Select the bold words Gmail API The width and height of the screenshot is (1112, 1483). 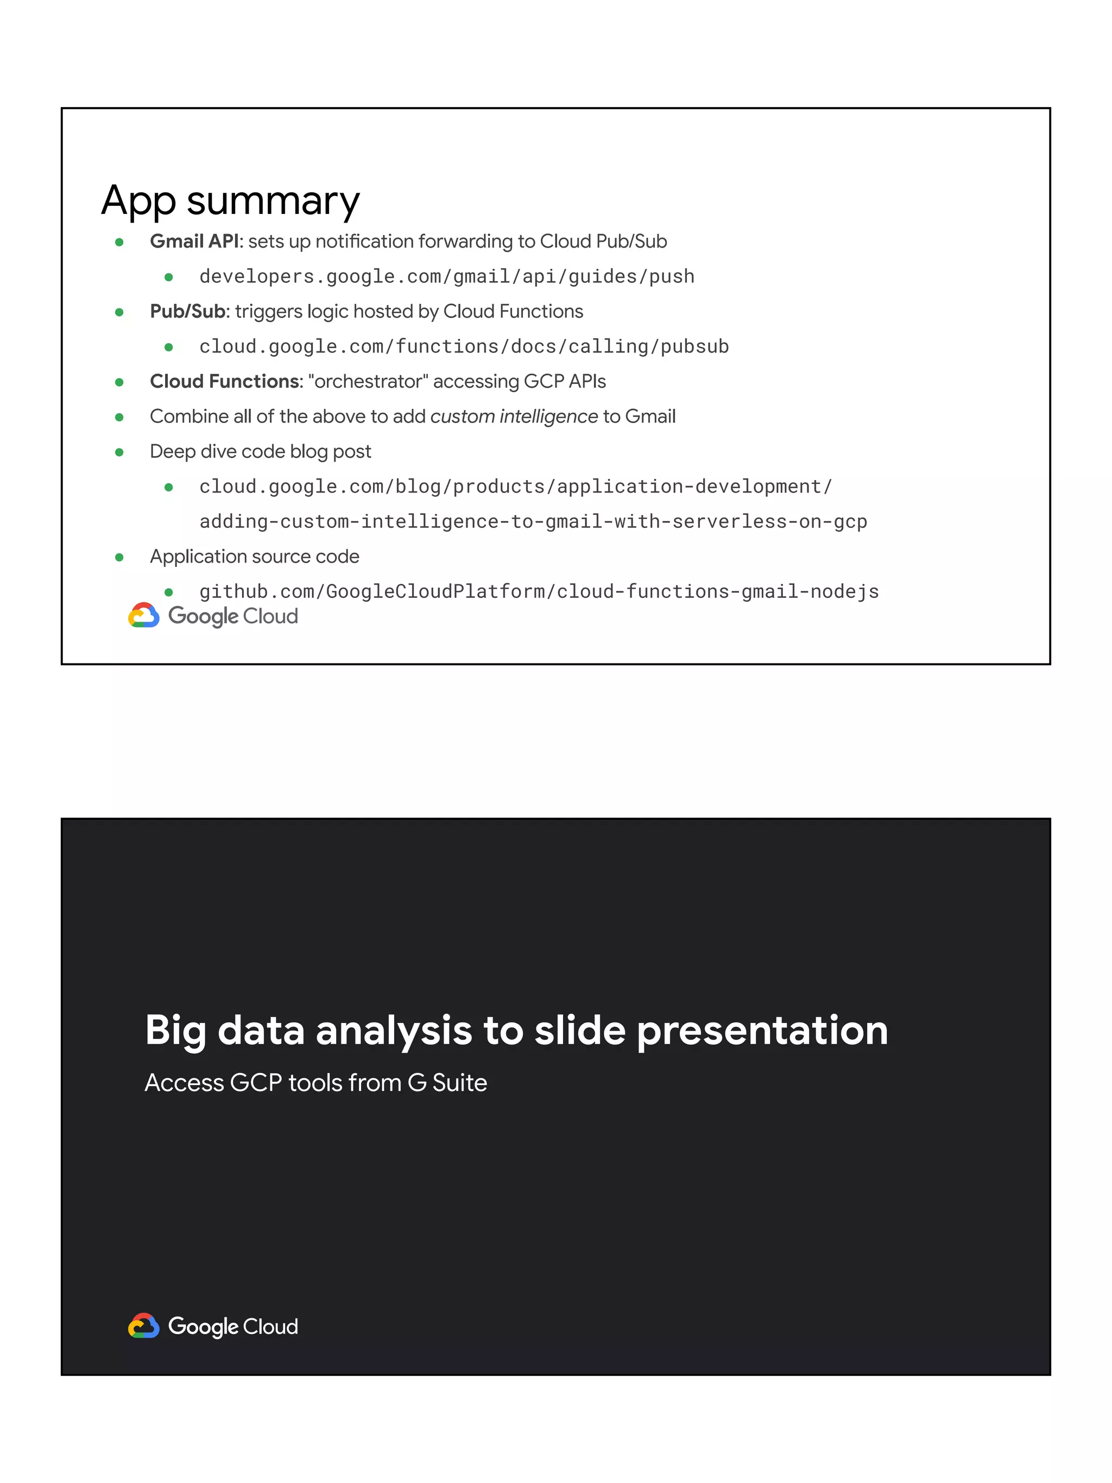(x=194, y=241)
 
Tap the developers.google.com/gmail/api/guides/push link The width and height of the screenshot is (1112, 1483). (x=446, y=276)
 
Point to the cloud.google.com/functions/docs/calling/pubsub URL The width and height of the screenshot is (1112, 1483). (x=464, y=346)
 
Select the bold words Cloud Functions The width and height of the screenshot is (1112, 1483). (x=226, y=382)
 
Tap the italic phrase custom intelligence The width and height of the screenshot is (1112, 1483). (x=514, y=416)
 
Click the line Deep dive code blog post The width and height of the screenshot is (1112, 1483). (x=260, y=451)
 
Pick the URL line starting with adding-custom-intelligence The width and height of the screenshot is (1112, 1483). (x=533, y=522)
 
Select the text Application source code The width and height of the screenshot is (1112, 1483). (x=254, y=557)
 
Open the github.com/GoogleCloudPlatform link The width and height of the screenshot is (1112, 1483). (x=539, y=591)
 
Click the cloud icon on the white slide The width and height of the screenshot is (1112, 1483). (x=143, y=615)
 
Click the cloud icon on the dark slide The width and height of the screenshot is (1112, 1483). (x=143, y=1326)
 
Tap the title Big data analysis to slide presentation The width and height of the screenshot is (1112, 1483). (x=516, y=1031)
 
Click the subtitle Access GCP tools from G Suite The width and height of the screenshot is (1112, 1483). (x=315, y=1083)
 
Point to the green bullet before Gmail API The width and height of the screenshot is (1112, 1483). (x=119, y=242)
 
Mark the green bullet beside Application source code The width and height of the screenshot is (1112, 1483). (x=119, y=557)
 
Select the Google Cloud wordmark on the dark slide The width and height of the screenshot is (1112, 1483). (x=232, y=1327)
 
